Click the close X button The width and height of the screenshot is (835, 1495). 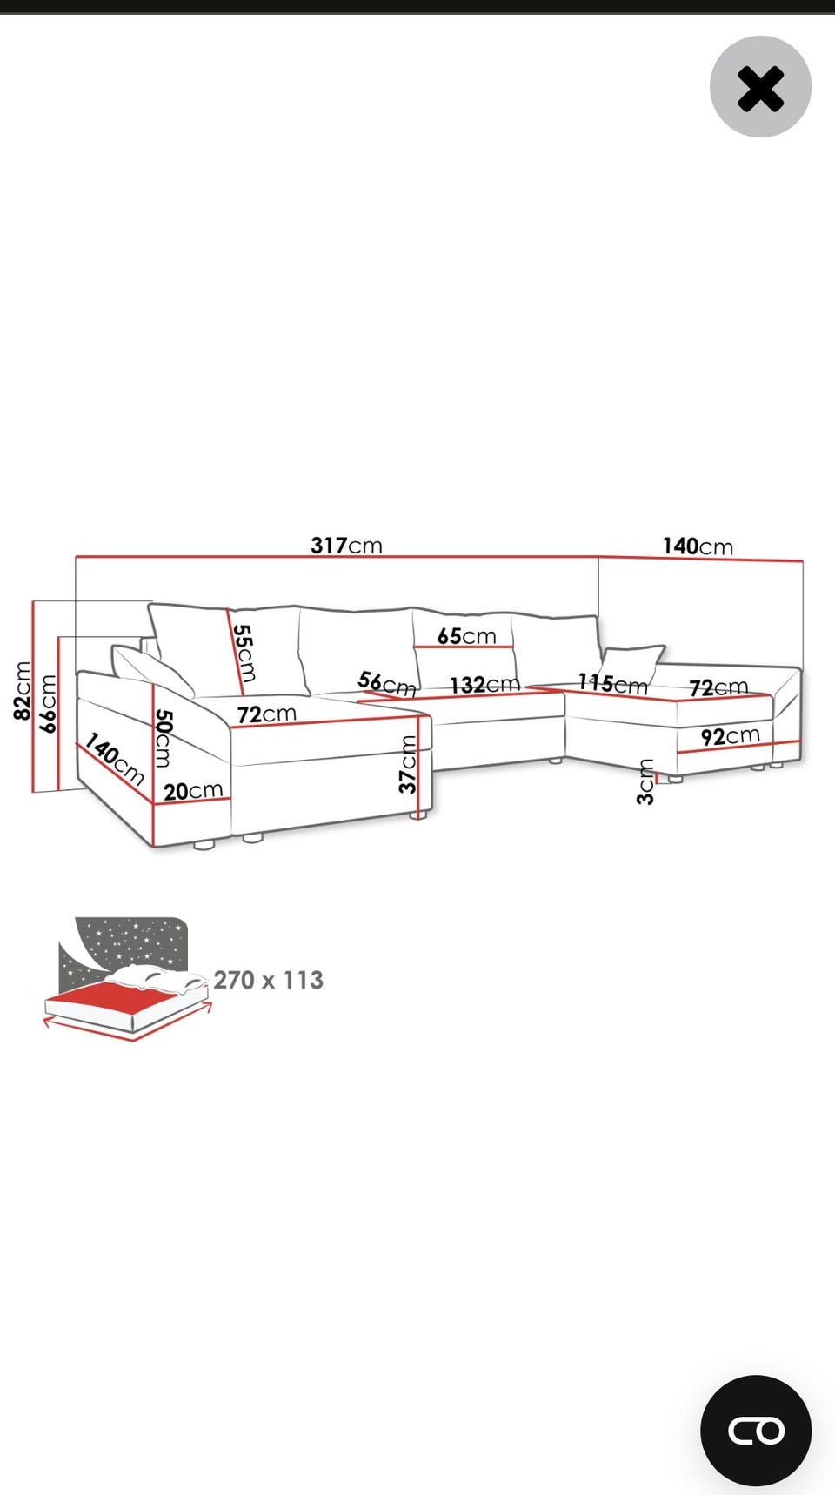tap(760, 87)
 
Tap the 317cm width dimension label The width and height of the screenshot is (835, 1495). tap(346, 546)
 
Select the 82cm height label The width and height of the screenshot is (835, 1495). tap(23, 691)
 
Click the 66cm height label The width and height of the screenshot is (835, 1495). tap(48, 703)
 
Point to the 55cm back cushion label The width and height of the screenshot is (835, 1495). tap(244, 653)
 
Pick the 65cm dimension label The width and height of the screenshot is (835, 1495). tap(466, 636)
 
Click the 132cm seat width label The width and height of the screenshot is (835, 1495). tap(484, 685)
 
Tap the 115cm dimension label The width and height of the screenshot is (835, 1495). tap(613, 684)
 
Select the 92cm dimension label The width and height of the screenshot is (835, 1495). tap(731, 737)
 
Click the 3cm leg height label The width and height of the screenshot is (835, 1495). tap(645, 781)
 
